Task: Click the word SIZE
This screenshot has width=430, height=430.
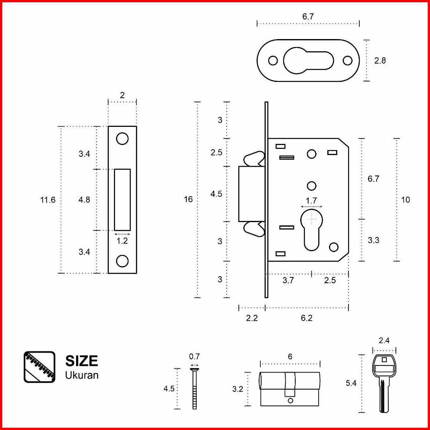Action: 82,361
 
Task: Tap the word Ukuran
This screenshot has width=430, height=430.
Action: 82,375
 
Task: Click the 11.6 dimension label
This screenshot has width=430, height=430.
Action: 48,200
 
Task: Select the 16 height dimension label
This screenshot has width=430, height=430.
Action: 188,199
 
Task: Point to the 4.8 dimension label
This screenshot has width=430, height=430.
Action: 84,200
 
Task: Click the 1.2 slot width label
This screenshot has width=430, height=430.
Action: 122,241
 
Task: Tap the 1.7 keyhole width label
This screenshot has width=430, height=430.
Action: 311,201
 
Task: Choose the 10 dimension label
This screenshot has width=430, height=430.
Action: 405,200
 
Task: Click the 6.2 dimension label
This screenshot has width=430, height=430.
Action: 306,318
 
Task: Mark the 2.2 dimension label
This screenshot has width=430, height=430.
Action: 252,318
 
